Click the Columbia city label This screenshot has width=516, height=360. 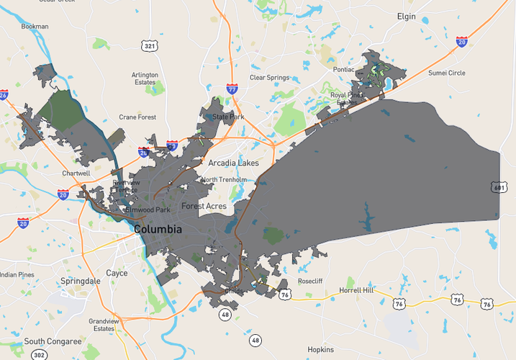point(158,230)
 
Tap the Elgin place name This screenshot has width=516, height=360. point(407,16)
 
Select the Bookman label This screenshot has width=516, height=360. point(35,27)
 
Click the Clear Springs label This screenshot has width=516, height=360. point(269,78)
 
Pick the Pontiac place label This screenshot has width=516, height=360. point(343,70)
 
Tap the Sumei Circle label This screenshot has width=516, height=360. point(447,73)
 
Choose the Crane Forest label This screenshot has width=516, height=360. point(137,117)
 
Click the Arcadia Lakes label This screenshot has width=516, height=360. point(233,163)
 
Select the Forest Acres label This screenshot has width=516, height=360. point(204,207)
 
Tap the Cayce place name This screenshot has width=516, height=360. point(117,274)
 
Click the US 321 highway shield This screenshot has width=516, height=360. point(150,46)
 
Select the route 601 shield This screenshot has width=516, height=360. point(499,187)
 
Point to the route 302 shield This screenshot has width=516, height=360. point(38,354)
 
